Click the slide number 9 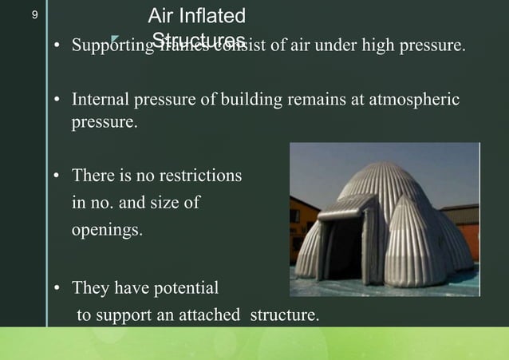tap(34, 15)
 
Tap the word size tap(162, 204)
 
